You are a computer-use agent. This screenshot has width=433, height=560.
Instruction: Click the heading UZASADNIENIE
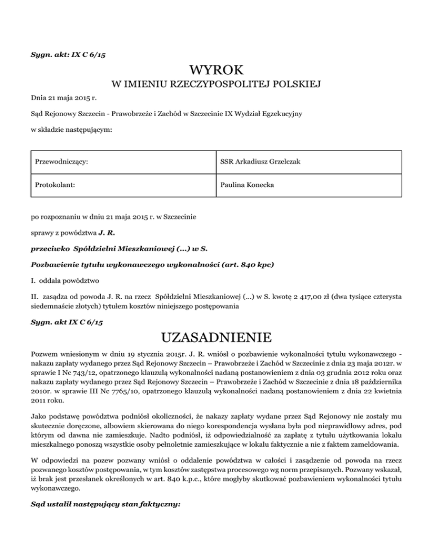pyautogui.click(x=216, y=339)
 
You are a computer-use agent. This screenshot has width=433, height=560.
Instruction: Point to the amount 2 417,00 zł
pyautogui.click(x=290, y=293)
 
